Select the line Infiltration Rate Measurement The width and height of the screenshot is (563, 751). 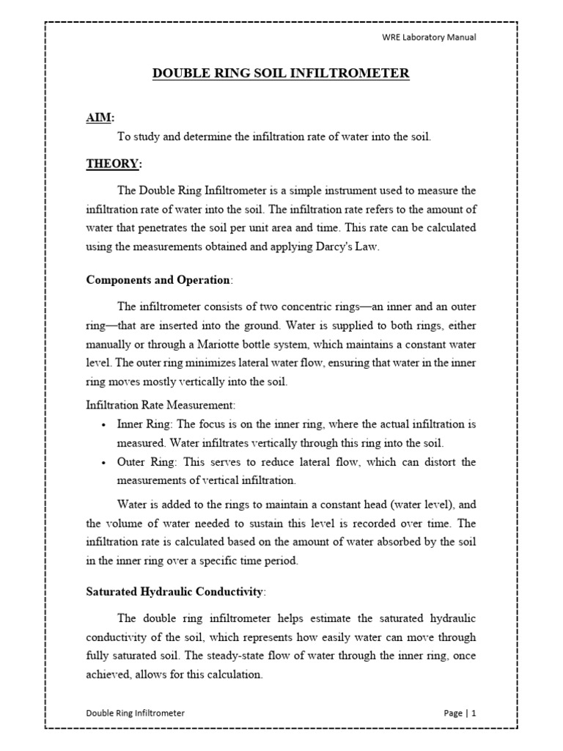coord(161,405)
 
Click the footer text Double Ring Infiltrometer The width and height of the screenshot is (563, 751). coord(136,712)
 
